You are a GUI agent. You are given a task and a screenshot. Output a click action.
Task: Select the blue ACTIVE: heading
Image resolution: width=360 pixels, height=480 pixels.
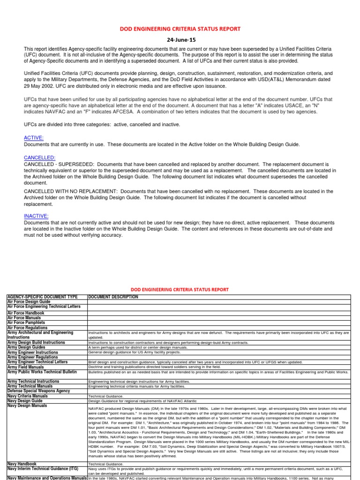(x=33, y=138)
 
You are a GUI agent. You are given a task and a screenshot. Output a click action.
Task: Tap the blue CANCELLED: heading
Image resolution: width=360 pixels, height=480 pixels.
(x=39, y=158)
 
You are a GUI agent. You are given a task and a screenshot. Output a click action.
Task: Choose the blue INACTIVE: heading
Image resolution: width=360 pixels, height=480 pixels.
(x=36, y=216)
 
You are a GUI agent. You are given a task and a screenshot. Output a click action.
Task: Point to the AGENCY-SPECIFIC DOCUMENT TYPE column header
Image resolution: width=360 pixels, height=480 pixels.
(x=41, y=297)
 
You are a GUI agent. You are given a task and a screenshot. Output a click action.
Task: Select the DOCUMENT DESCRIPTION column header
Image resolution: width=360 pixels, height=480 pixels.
(x=113, y=297)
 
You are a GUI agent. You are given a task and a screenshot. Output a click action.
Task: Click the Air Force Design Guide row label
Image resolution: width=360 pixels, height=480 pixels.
(x=28, y=302)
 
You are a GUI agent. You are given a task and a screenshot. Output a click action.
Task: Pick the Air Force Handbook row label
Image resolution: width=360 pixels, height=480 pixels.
(x=25, y=313)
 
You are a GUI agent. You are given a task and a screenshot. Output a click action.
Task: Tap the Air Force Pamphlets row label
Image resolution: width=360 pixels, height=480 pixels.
(x=26, y=323)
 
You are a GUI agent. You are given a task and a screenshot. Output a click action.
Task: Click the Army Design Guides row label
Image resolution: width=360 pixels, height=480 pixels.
(x=27, y=347)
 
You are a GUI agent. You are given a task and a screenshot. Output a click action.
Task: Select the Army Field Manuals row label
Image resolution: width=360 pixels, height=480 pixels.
(x=26, y=367)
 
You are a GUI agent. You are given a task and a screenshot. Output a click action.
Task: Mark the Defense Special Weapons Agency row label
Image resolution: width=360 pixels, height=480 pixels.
(x=38, y=391)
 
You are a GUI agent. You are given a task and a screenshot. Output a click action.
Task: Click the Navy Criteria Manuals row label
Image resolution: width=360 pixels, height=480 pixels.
(x=27, y=396)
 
